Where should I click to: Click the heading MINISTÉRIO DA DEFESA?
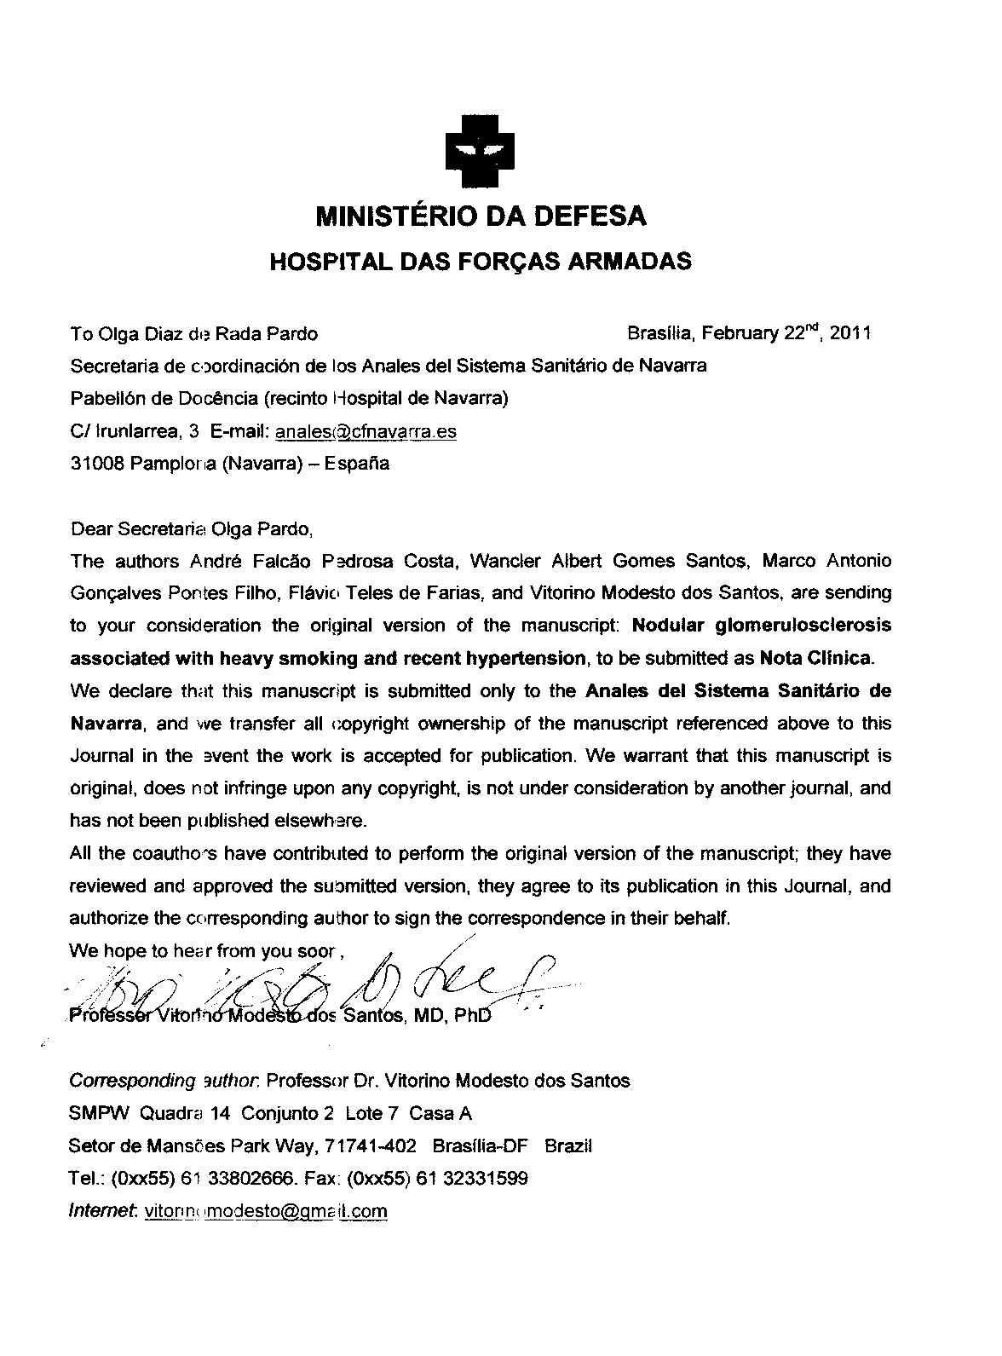coord(481,216)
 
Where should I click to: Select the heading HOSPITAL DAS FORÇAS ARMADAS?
coord(480,261)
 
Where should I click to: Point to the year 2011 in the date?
coord(850,333)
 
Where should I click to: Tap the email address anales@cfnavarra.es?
coord(366,432)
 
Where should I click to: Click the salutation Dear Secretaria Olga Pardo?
coord(193,528)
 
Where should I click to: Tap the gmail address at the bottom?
coord(266,1211)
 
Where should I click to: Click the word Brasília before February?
coord(657,333)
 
